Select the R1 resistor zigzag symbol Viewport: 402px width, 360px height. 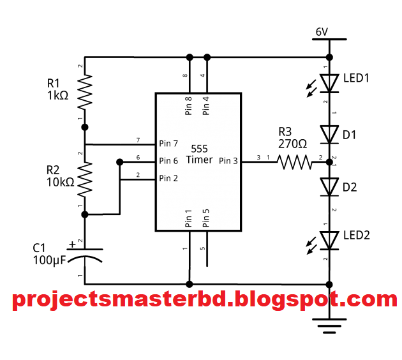coord(85,93)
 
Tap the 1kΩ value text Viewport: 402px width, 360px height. coord(58,96)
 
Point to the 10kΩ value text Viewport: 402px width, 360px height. coord(61,183)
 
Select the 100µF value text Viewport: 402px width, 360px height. coord(52,260)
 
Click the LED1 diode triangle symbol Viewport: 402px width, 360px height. coord(329,82)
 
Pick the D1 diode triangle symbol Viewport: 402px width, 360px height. coord(329,134)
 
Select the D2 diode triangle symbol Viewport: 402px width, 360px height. coord(329,186)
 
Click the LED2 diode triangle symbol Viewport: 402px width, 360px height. coord(329,239)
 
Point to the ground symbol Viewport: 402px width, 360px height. coord(329,329)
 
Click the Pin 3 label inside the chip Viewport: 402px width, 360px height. coord(228,161)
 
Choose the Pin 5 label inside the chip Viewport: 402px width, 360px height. coord(205,218)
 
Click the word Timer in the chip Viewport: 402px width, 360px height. coord(199,160)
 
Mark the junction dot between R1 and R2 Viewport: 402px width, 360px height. coord(85,127)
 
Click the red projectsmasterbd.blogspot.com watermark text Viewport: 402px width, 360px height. coord(204,299)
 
